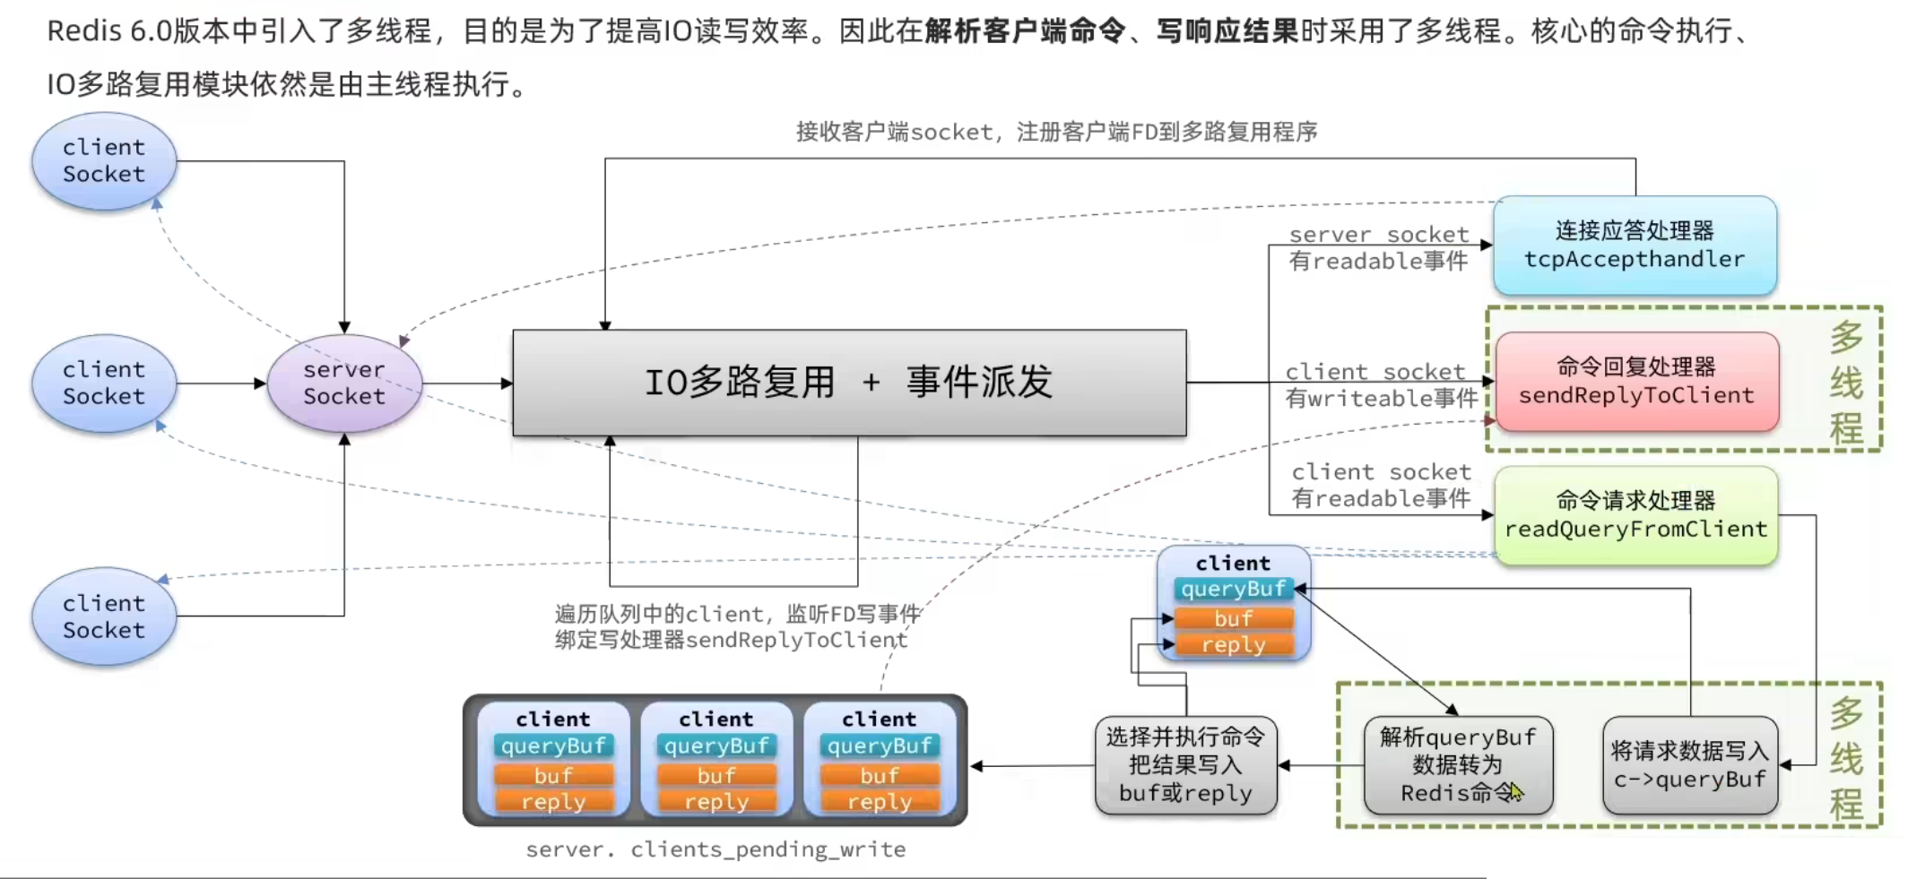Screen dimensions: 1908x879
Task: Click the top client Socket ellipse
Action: tap(104, 161)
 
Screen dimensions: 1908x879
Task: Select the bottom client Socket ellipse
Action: tap(104, 616)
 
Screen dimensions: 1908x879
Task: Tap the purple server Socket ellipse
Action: tap(344, 383)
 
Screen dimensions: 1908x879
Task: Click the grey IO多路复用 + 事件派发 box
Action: tap(849, 383)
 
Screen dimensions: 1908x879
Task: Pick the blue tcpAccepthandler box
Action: tap(1635, 246)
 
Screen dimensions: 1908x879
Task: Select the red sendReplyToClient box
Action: tap(1637, 382)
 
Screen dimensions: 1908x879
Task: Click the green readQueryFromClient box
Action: tap(1636, 515)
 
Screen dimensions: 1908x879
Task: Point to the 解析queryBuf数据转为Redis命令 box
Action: tap(1458, 765)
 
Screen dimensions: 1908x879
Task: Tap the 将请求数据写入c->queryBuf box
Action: tap(1690, 765)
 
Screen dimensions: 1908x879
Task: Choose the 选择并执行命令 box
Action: tap(1185, 765)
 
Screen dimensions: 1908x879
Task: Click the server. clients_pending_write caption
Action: tap(715, 849)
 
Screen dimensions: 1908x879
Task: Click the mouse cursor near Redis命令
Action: tap(1516, 792)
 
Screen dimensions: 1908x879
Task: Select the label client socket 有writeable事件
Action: tap(1381, 385)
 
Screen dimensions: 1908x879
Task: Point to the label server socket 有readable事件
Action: tap(1379, 248)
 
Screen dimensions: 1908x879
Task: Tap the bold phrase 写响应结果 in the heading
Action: tap(1227, 31)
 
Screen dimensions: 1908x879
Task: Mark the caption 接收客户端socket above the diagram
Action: tap(895, 133)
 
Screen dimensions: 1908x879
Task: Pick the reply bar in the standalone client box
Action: tap(1234, 645)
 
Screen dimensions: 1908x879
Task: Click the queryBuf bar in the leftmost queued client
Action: tap(553, 746)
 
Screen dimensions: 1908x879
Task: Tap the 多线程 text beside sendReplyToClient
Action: tap(1846, 383)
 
